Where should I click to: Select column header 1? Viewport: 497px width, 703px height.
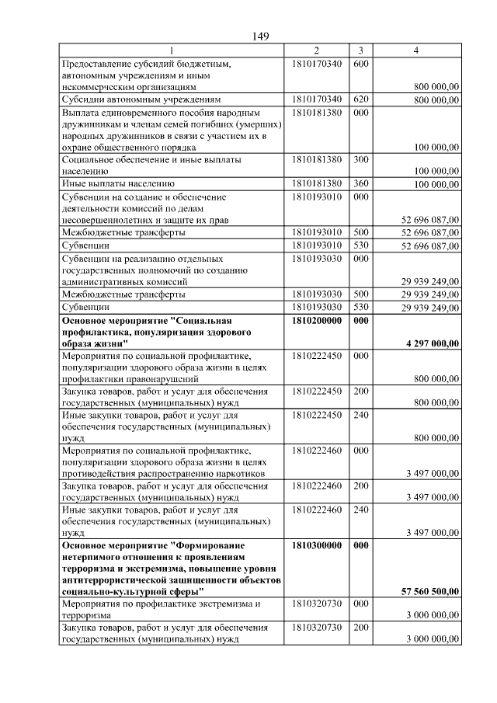coord(172,50)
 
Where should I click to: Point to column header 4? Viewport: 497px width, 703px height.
coord(416,50)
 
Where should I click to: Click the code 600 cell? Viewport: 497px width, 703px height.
coord(360,63)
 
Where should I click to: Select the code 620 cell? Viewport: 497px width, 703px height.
coord(360,100)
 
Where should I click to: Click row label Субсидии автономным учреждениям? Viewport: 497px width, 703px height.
coord(142,100)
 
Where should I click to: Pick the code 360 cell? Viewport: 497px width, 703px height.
coord(360,184)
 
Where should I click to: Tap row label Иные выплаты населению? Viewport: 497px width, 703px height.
coord(123,184)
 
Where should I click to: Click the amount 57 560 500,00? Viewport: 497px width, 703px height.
coord(430,591)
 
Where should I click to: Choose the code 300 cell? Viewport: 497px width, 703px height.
coord(360,159)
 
